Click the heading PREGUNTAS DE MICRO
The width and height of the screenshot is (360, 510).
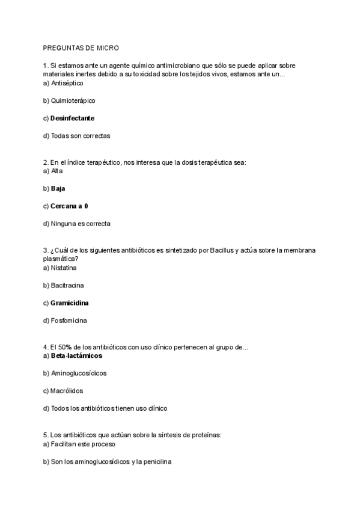coord(81,48)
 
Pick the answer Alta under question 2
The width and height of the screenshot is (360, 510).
coord(57,171)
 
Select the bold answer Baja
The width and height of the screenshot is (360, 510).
coord(58,188)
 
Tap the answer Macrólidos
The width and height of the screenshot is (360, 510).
coord(67,391)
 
